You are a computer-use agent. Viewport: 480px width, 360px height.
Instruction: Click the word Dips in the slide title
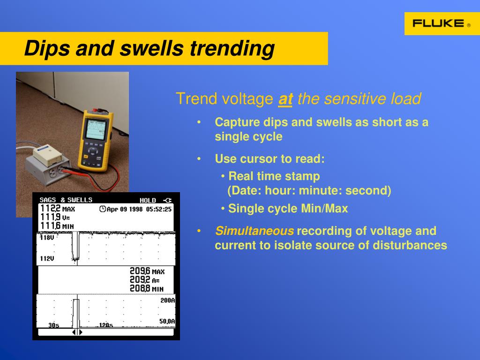click(x=47, y=48)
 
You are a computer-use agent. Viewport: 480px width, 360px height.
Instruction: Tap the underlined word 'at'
click(x=285, y=99)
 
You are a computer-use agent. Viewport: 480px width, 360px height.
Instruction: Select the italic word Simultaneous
click(x=255, y=231)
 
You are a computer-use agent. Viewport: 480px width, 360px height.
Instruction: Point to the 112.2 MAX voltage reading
click(x=58, y=209)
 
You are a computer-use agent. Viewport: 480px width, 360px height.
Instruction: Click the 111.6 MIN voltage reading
click(x=57, y=226)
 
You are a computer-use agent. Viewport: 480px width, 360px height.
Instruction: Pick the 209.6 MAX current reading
click(x=147, y=271)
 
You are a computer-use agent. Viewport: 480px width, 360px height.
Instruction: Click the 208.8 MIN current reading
click(x=147, y=288)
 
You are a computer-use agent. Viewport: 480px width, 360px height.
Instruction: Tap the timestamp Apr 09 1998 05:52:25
click(x=135, y=209)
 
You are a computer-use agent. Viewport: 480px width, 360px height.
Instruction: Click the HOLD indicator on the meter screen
click(x=148, y=200)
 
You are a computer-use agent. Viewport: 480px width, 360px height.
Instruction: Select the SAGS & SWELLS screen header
click(x=66, y=200)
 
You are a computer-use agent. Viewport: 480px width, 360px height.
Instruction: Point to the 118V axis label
click(x=47, y=238)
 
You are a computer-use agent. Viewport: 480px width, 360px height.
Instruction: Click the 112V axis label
click(x=47, y=259)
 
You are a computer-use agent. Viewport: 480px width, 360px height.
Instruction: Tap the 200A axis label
click(x=167, y=300)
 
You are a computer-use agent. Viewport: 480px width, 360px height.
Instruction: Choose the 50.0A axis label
click(x=167, y=321)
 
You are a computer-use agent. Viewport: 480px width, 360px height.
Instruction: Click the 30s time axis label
click(x=53, y=325)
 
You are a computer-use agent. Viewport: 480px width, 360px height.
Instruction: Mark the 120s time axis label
click(x=106, y=325)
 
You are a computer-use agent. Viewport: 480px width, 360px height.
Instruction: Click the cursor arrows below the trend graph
click(x=77, y=332)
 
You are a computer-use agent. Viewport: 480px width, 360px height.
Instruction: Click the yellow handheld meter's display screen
click(x=96, y=129)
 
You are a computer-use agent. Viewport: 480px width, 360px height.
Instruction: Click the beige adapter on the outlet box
click(x=48, y=155)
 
